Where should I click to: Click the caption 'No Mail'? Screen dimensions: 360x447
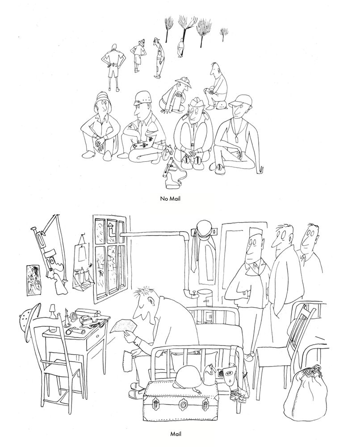[x=170, y=199]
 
